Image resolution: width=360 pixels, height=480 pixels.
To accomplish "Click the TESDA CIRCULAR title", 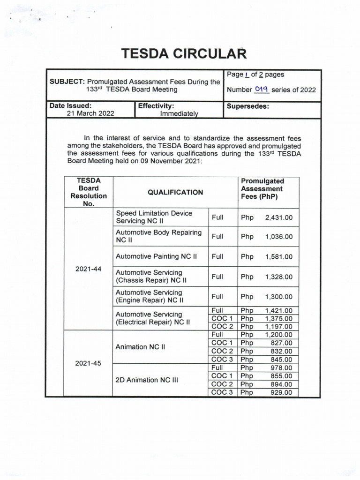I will tap(184, 54).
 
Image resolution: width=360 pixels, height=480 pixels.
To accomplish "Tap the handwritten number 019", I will tap(261, 90).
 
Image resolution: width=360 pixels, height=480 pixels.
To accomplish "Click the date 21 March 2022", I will tap(90, 113).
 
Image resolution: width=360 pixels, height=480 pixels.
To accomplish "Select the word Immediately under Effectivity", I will tap(179, 113).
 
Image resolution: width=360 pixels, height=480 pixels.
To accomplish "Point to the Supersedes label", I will tap(248, 106).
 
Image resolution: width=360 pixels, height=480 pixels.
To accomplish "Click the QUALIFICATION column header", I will tap(175, 192).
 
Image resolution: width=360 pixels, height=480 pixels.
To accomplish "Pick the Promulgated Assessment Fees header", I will tap(262, 189).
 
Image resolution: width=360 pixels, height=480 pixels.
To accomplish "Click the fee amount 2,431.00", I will tap(279, 217).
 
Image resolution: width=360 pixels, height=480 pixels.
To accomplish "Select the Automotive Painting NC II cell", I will tap(156, 256).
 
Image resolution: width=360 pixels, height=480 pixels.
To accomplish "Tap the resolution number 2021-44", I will tap(88, 269).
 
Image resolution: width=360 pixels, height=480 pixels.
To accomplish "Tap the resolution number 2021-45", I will tap(88, 363).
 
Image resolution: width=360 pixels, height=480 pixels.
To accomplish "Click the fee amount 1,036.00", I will tap(279, 237).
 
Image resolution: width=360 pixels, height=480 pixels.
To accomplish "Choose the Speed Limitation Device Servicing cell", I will tap(154, 217).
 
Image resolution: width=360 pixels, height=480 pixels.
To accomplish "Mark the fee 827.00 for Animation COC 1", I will tap(281, 343).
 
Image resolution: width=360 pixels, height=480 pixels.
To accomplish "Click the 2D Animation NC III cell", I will tap(147, 380).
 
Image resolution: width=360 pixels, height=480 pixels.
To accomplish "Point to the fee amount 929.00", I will tap(281, 392).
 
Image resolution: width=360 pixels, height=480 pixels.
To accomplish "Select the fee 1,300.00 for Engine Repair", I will tap(279, 297).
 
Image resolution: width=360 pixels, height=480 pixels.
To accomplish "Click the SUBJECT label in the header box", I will tap(67, 82).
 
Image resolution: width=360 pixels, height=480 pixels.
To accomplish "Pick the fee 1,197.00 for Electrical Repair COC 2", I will tap(279, 327).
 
